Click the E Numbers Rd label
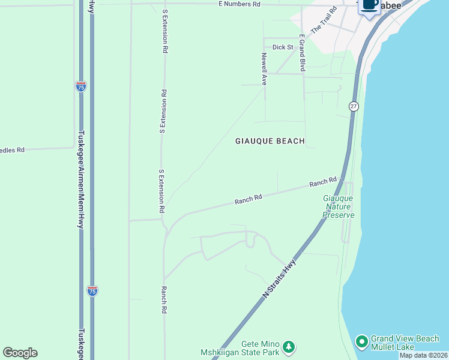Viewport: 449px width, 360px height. pyautogui.click(x=239, y=4)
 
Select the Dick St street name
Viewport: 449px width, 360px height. pyautogui.click(x=282, y=47)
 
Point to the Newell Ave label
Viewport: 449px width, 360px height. pyautogui.click(x=264, y=68)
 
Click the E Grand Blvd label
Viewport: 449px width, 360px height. pyautogui.click(x=303, y=53)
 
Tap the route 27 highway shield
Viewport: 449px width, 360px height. pyautogui.click(x=353, y=106)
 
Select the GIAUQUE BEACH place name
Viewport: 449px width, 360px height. pyautogui.click(x=270, y=141)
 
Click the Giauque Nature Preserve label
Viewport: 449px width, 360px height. pyautogui.click(x=339, y=206)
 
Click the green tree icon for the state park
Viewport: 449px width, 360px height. pyautogui.click(x=289, y=347)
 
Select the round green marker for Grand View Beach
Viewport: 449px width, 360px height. pyautogui.click(x=361, y=342)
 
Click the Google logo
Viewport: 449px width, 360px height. pyautogui.click(x=20, y=353)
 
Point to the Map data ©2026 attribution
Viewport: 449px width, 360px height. pyautogui.click(x=424, y=355)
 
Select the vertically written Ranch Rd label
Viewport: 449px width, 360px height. pyautogui.click(x=163, y=300)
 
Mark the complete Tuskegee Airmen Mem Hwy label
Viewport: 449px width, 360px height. pyautogui.click(x=80, y=179)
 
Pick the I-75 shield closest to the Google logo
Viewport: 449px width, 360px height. pyautogui.click(x=92, y=291)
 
